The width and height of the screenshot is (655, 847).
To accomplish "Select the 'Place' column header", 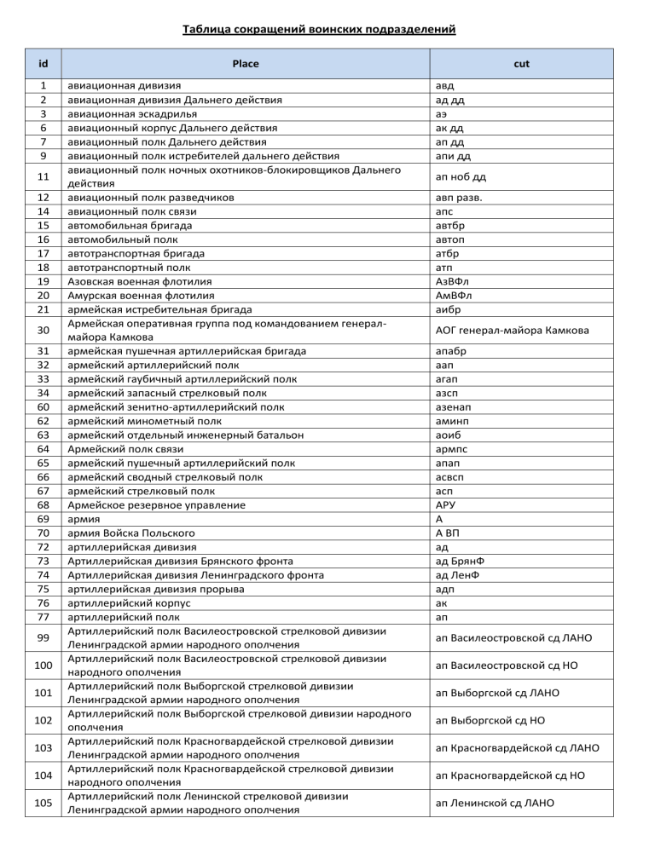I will pyautogui.click(x=246, y=63).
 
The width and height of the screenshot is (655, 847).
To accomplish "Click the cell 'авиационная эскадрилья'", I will pyautogui.click(x=131, y=113).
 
